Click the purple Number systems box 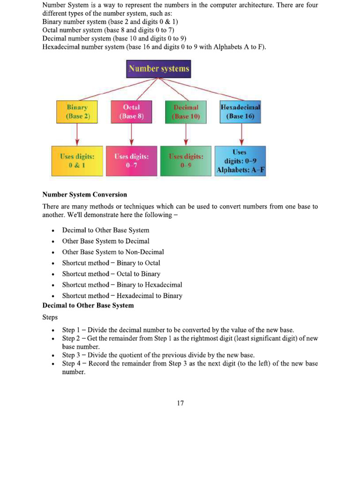coord(159,69)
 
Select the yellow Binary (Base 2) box coord(77,112)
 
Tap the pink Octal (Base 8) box coord(131,112)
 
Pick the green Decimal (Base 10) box coord(186,112)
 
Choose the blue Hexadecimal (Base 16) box coord(240,112)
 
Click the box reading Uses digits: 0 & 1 coord(77,161)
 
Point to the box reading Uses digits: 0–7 coord(131,161)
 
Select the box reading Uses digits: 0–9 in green coord(186,161)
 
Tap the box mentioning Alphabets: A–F coord(240,161)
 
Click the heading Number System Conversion coord(84,195)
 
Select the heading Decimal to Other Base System coord(88,306)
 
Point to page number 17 coord(180,403)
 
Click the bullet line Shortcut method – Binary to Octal coord(111,263)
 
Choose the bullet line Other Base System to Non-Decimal coord(113,252)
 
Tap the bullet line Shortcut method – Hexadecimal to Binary coord(122,296)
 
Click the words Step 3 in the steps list coord(71,355)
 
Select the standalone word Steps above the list coord(50,318)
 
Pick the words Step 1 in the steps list coord(71,330)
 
